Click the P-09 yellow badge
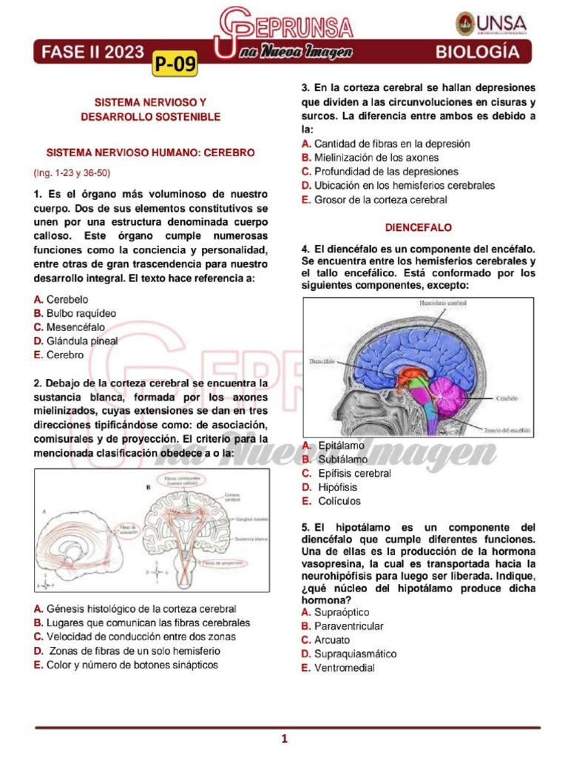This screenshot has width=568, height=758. click(176, 65)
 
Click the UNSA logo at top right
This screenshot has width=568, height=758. click(490, 24)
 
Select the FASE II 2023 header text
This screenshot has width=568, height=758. click(92, 52)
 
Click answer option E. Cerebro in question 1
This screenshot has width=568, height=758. click(59, 355)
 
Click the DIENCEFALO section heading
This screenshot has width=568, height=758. click(418, 227)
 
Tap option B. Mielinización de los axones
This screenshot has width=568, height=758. click(370, 158)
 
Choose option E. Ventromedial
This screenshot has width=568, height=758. click(338, 668)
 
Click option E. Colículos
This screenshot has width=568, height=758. click(331, 501)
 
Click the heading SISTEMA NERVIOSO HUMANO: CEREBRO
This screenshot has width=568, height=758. click(151, 152)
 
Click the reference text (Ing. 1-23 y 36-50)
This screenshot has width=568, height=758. click(72, 172)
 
